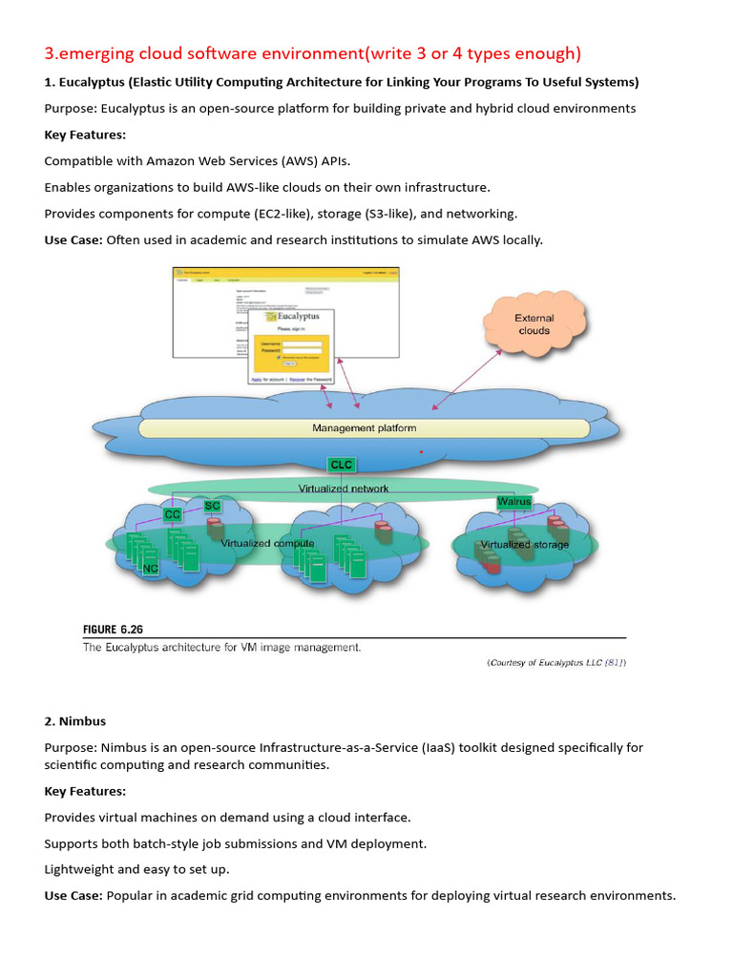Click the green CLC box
[341, 465]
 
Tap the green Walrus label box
[513, 502]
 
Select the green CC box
[173, 514]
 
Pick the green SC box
[212, 506]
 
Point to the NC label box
[150, 569]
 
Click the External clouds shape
[534, 323]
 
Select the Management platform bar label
[364, 428]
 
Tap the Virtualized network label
[344, 488]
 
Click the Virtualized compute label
[267, 543]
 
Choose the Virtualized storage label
[524, 545]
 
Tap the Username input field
[307, 344]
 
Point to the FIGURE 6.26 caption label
[113, 630]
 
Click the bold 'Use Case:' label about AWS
[73, 239]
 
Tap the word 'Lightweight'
[78, 869]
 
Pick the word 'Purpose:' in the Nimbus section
[70, 747]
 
